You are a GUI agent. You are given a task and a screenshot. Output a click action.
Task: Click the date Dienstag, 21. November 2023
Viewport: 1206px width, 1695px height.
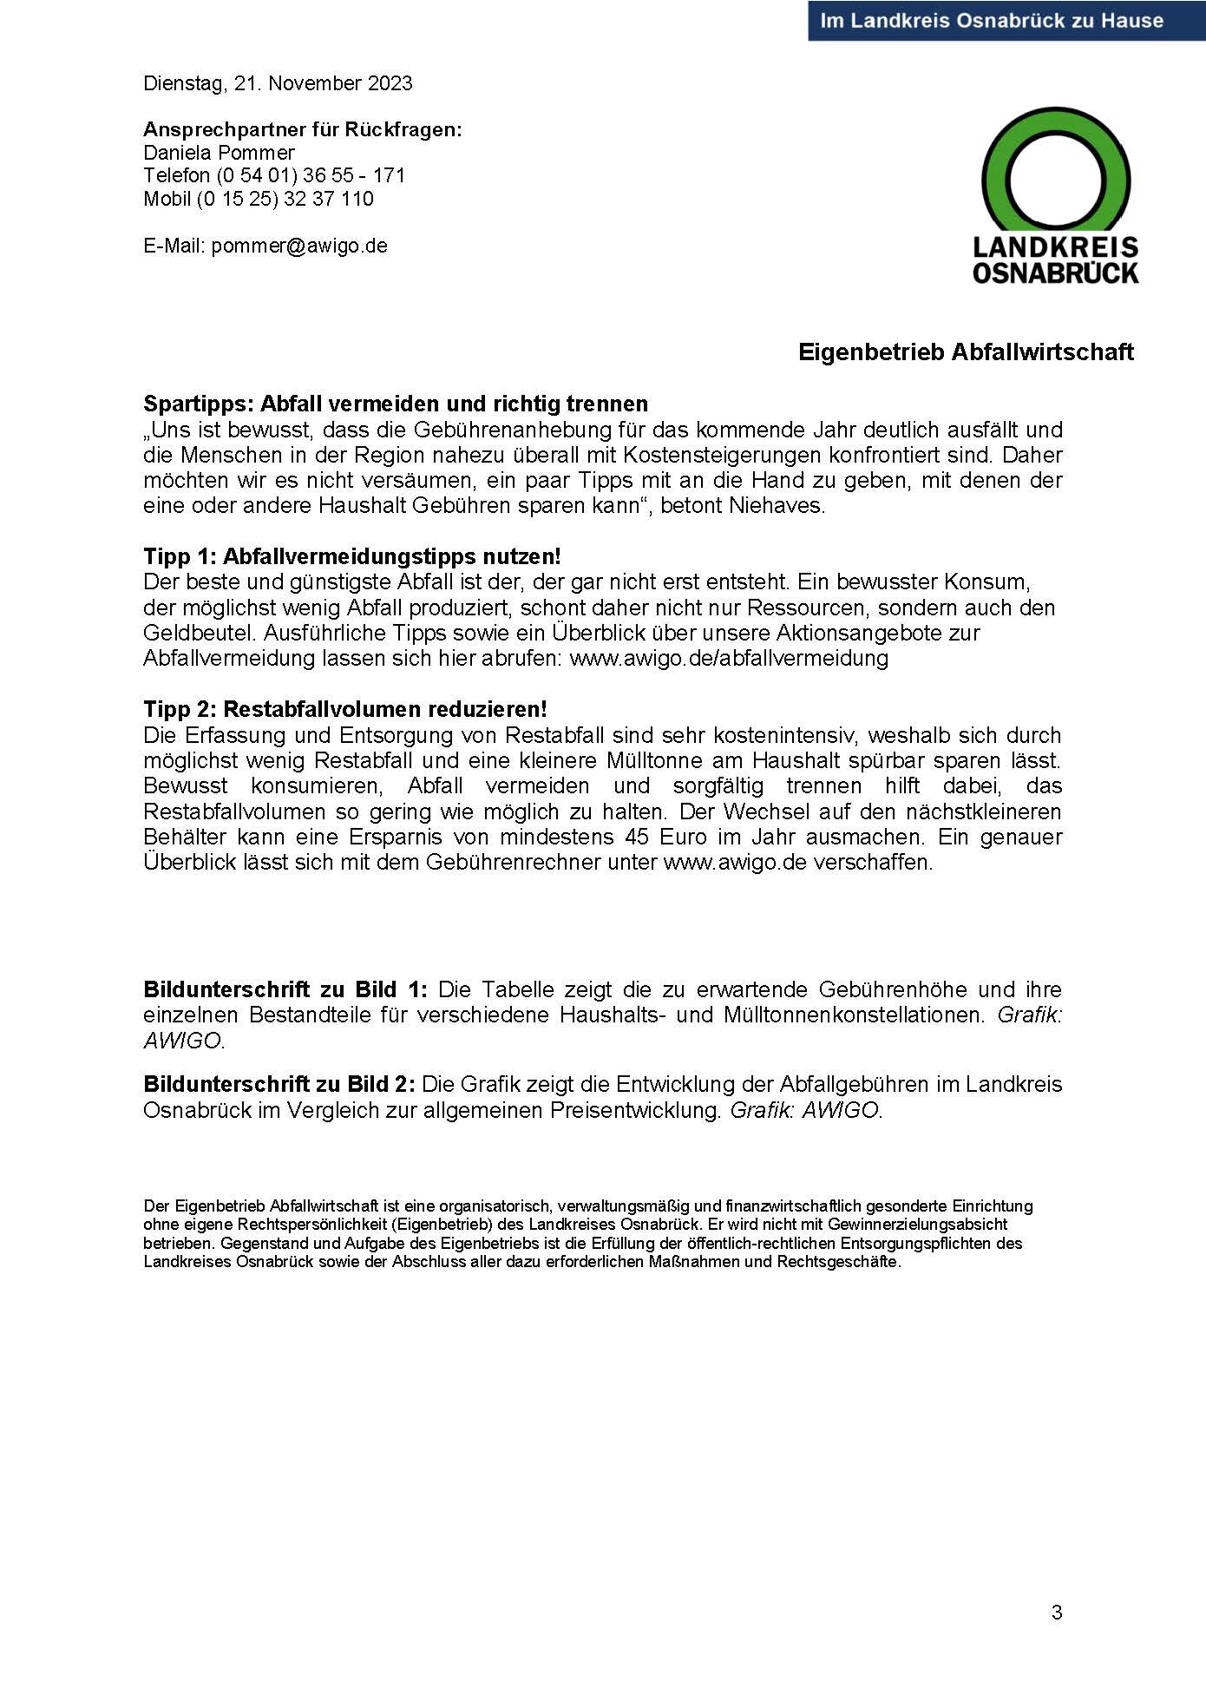[278, 83]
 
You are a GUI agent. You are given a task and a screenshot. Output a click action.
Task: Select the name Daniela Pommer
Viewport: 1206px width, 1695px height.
[219, 153]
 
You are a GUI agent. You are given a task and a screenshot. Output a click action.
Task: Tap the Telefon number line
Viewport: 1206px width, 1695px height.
[274, 175]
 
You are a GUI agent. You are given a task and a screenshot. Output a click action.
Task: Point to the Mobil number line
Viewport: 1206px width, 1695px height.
[259, 199]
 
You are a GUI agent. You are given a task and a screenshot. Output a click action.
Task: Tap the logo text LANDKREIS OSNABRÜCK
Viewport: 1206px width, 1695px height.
[1055, 260]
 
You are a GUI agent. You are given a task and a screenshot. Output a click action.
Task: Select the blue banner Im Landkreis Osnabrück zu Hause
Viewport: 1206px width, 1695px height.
[992, 20]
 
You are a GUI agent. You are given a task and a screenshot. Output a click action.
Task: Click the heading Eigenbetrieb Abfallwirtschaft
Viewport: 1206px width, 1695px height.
[966, 351]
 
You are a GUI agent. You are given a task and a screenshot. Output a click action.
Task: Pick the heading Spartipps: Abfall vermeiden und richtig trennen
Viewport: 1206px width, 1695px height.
[396, 404]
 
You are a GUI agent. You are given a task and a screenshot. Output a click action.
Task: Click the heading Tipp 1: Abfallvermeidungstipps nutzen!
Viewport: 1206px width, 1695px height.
[352, 556]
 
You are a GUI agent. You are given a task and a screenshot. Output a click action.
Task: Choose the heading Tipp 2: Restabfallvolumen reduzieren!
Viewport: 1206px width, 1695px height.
[345, 709]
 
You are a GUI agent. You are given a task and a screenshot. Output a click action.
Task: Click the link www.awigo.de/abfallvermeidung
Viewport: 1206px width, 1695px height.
[729, 658]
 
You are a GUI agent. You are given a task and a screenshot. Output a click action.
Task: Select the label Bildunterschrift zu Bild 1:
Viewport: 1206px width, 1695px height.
[286, 989]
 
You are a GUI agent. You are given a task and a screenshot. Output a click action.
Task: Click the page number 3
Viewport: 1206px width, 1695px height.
[1056, 1613]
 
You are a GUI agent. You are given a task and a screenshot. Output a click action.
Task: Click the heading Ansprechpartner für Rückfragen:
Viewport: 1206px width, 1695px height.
[303, 129]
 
